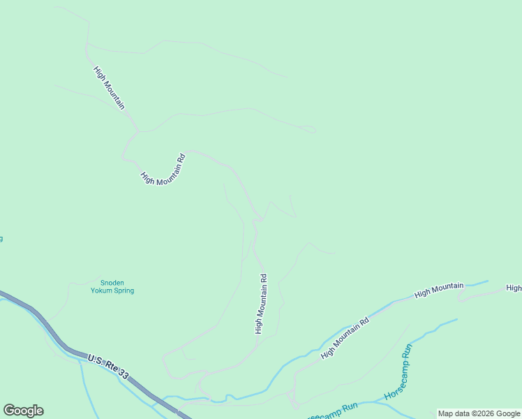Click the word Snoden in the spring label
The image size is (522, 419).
point(112,283)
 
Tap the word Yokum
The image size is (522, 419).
point(102,291)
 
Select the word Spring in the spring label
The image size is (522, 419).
point(124,291)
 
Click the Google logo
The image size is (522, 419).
point(23,411)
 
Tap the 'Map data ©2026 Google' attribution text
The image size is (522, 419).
point(479,413)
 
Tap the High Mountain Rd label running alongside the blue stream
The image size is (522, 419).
point(344,339)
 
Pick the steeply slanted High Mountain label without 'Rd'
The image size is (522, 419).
point(110,88)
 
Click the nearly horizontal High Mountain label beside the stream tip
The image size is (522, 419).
point(439,291)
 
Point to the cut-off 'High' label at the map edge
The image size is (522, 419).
point(514,288)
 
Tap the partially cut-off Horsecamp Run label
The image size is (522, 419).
point(331,412)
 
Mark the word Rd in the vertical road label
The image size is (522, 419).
point(263,277)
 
